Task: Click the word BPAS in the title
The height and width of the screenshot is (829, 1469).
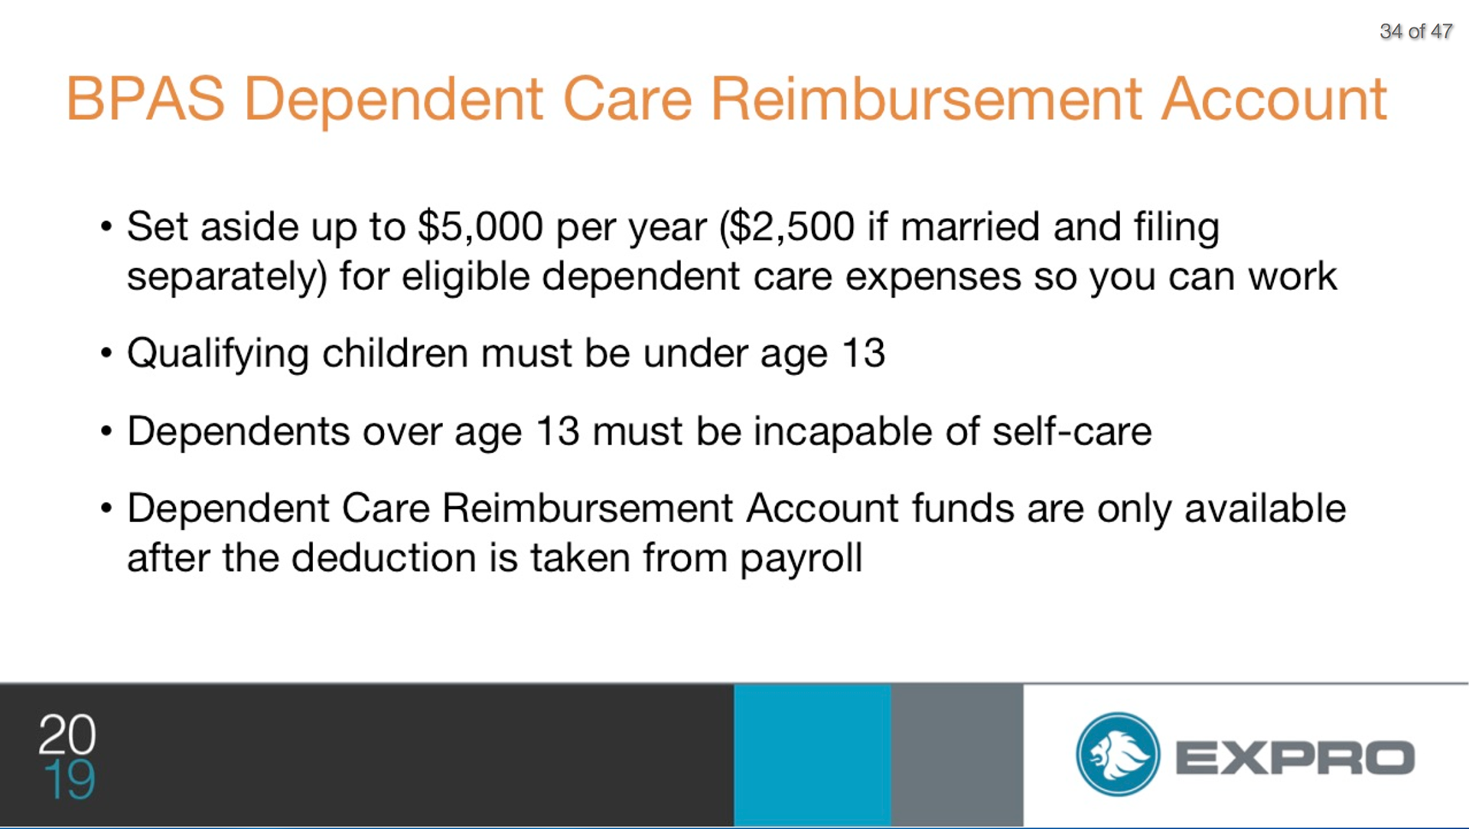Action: tap(145, 99)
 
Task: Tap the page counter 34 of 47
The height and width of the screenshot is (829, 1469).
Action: tap(1415, 31)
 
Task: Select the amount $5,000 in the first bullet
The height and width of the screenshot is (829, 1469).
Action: tap(480, 227)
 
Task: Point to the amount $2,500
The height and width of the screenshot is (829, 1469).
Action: tap(793, 227)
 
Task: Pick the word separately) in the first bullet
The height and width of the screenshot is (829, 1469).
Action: tap(226, 276)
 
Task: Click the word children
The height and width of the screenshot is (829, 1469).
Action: tap(395, 353)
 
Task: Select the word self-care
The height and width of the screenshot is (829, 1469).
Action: tap(1072, 431)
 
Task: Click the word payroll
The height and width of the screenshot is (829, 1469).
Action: tap(801, 558)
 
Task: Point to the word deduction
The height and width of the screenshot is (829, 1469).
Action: tap(383, 557)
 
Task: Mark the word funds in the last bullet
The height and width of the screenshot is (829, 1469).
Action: tap(963, 508)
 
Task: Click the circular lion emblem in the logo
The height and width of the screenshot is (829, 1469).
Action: tap(1118, 755)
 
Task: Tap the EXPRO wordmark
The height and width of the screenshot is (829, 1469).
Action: tap(1295, 757)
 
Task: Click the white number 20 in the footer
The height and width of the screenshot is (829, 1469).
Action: tap(67, 734)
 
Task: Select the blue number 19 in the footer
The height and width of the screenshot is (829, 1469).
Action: tap(70, 780)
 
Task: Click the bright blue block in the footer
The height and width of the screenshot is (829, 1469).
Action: tap(813, 755)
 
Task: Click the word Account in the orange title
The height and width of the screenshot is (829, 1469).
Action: tap(1274, 99)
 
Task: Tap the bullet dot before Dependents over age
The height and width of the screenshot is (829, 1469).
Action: tap(106, 432)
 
